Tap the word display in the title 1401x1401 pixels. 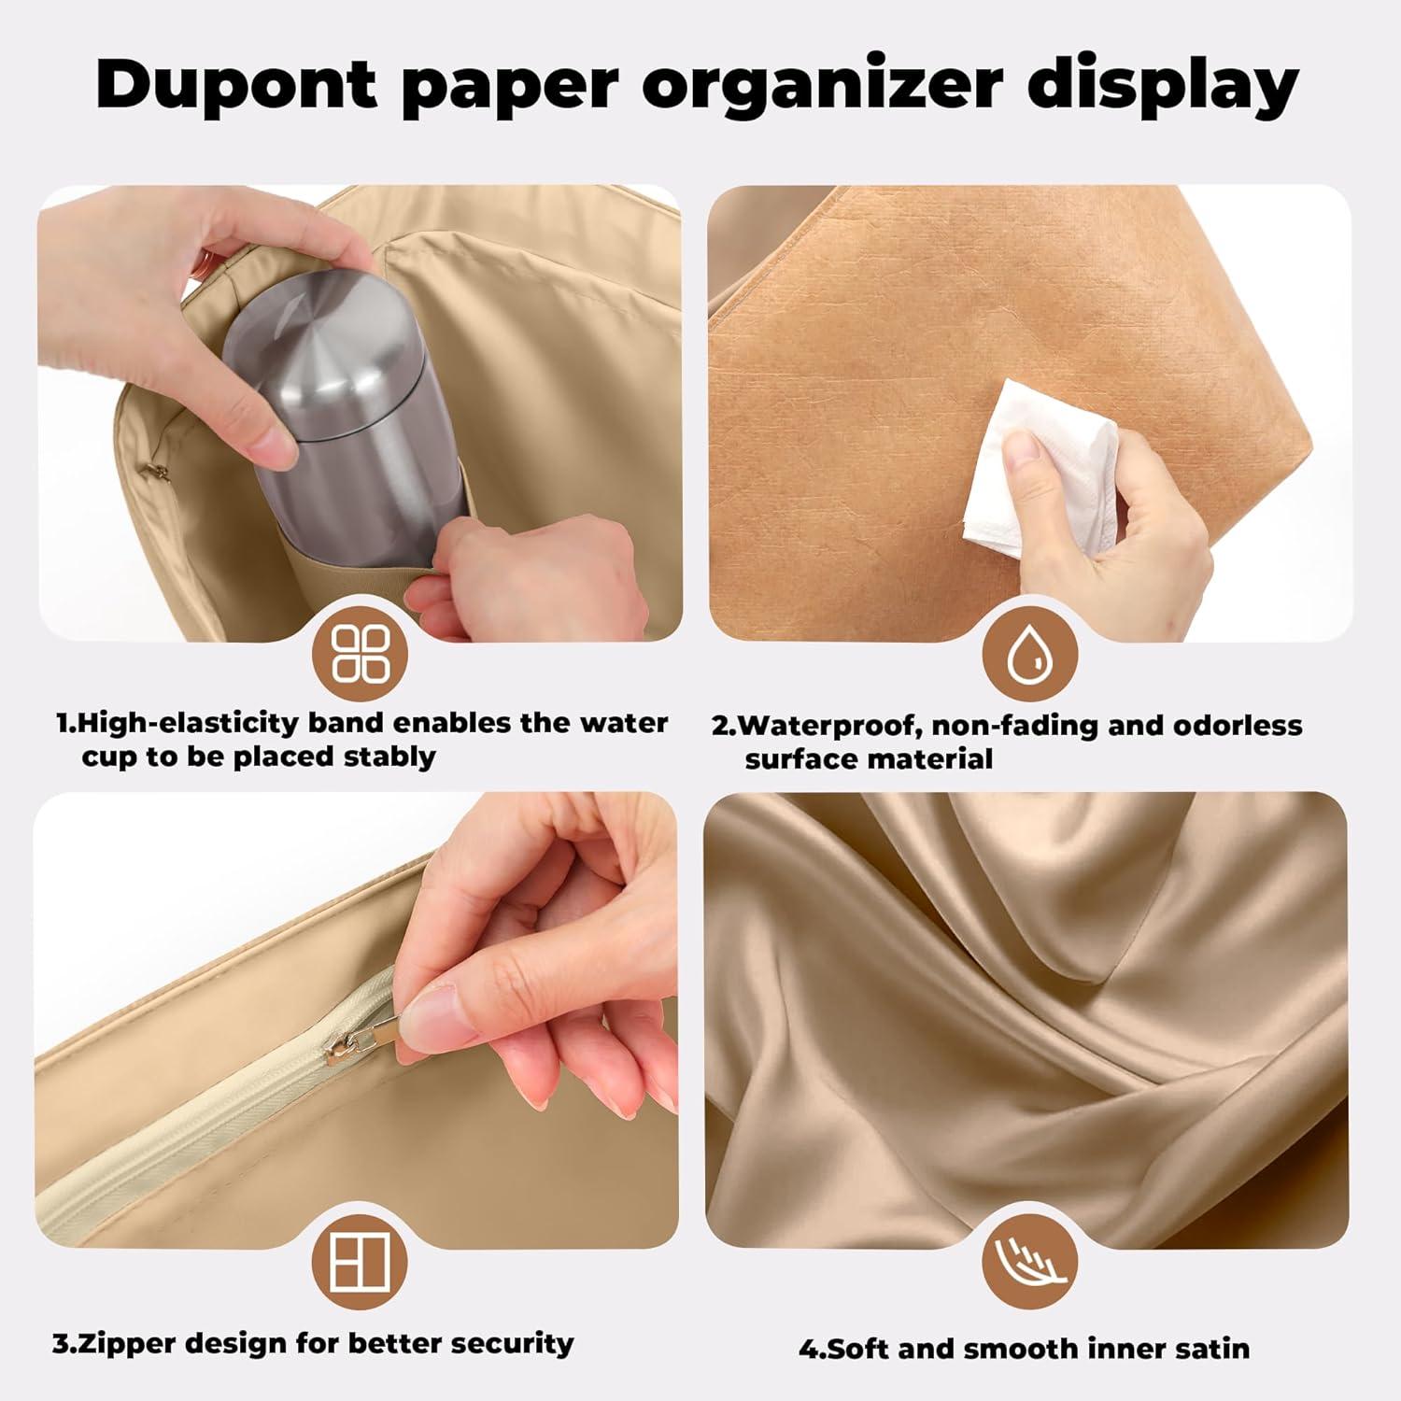click(1164, 85)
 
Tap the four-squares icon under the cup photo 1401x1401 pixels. click(361, 652)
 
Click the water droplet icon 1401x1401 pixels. click(1030, 652)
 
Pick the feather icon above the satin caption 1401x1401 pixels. click(1029, 1266)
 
